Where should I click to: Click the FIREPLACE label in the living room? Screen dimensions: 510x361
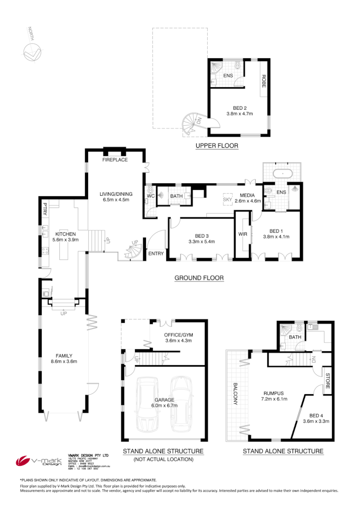tap(115, 160)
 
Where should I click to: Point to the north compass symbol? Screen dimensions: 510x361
tap(33, 51)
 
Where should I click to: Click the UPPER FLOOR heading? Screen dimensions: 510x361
tap(216, 145)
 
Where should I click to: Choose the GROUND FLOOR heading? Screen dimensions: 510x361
tap(199, 278)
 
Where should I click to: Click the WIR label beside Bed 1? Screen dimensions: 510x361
tap(242, 234)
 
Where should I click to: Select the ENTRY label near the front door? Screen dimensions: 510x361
tap(156, 254)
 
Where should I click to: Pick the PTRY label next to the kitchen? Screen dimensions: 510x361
tap(44, 209)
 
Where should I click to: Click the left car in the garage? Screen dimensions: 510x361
tap(148, 403)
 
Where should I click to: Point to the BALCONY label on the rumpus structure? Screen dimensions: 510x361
tap(236, 394)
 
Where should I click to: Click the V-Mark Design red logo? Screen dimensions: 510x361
tap(24, 461)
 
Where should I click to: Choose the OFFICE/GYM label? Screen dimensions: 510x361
tap(178, 335)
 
